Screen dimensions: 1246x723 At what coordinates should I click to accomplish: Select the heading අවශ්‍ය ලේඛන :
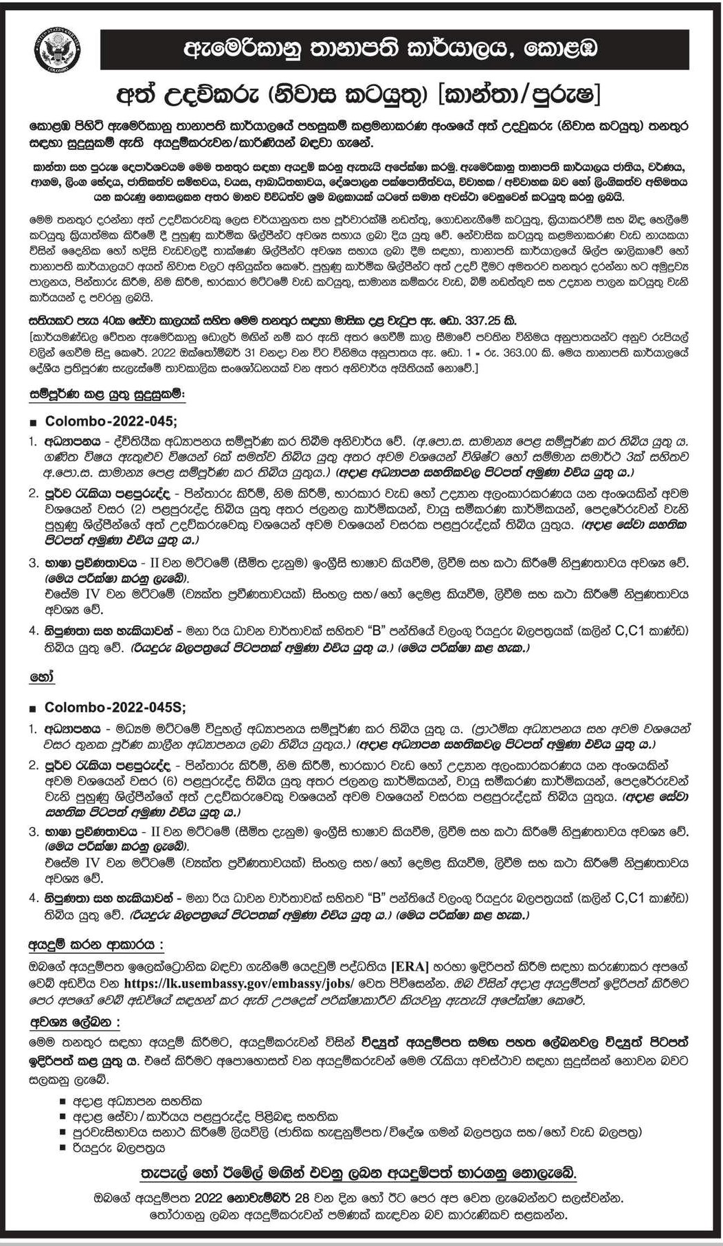point(74,1023)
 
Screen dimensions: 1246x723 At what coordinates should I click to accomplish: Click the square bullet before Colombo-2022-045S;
point(33,708)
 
